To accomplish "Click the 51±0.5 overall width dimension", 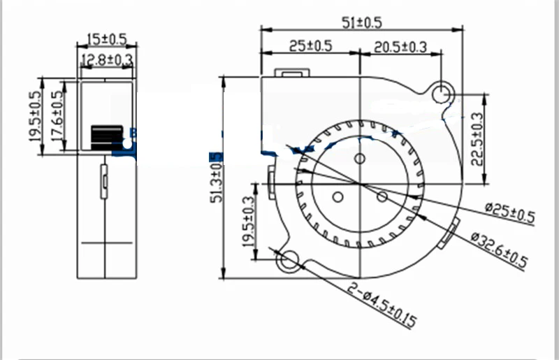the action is pyautogui.click(x=361, y=22).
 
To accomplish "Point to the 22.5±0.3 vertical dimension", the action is pyautogui.click(x=477, y=139).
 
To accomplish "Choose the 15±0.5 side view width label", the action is pyautogui.click(x=106, y=38).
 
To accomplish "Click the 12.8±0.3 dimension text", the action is pyautogui.click(x=106, y=61).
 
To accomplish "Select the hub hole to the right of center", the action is pyautogui.click(x=382, y=196).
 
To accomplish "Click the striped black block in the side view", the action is pyautogui.click(x=106, y=137).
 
